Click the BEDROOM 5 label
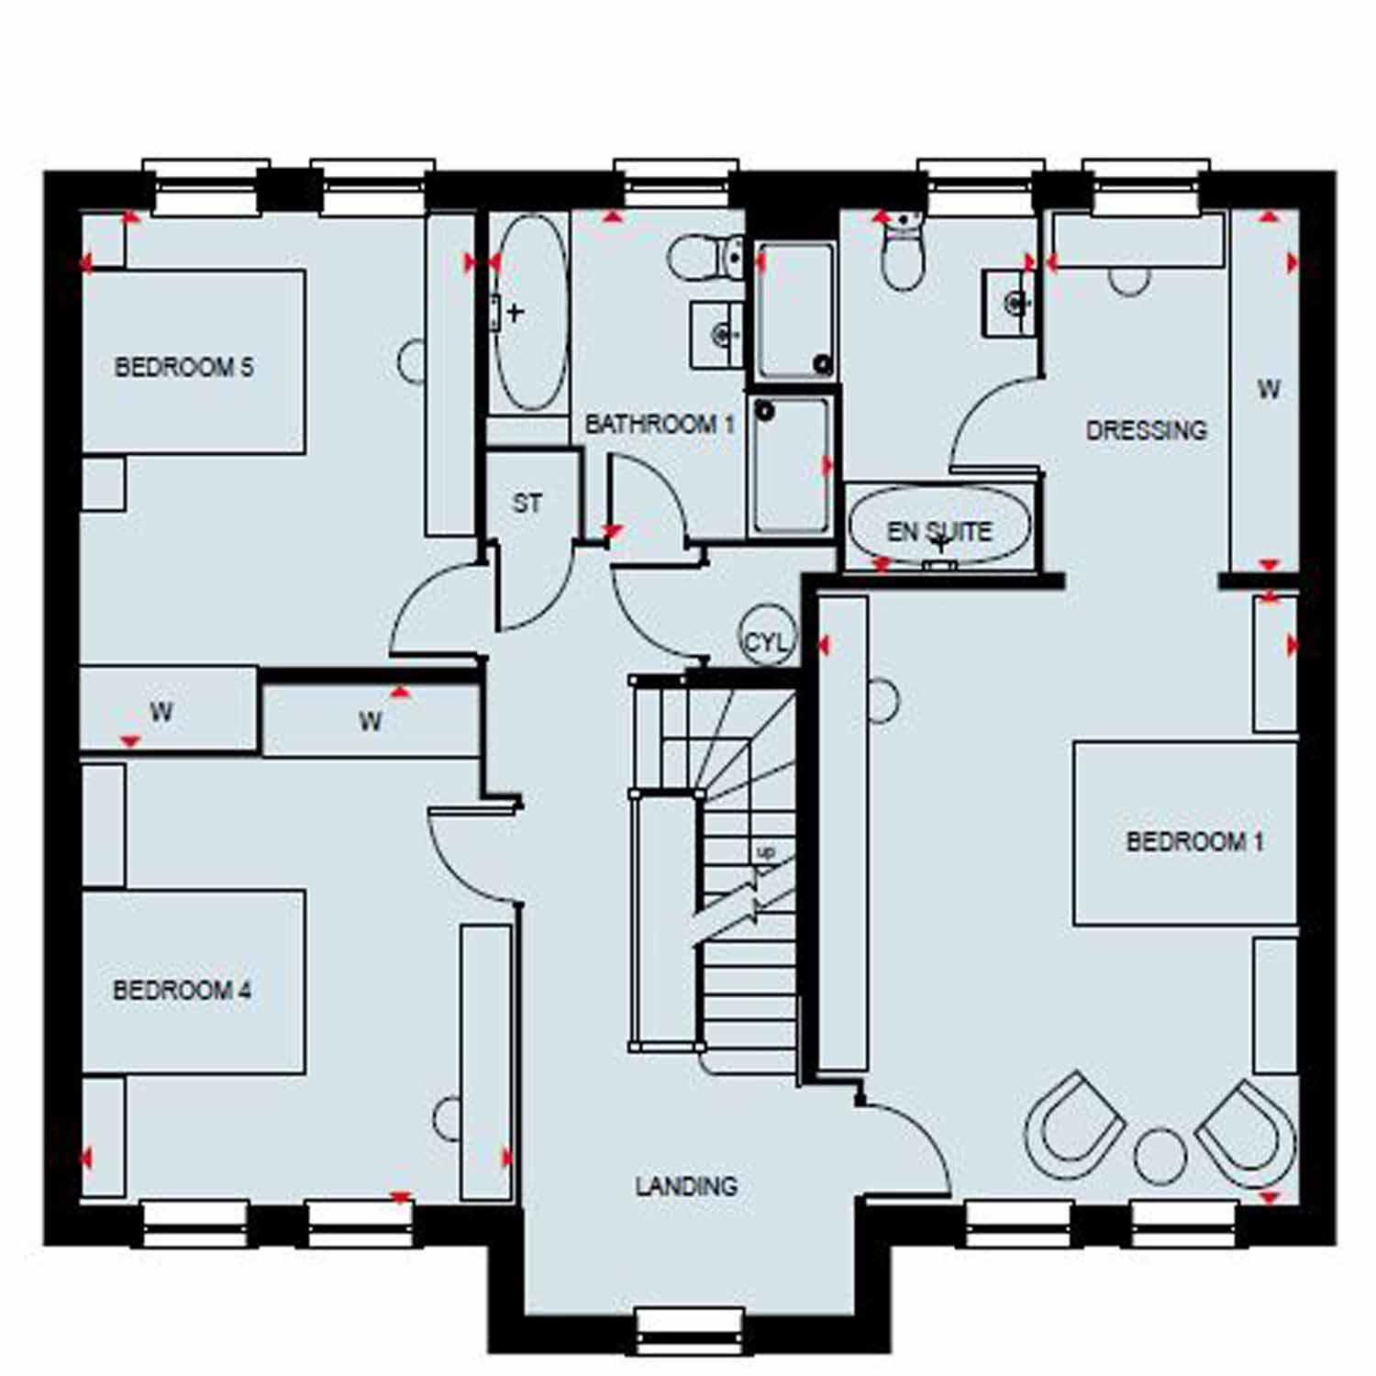click(x=183, y=368)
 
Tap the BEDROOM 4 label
click(x=182, y=991)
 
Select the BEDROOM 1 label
click(x=1194, y=841)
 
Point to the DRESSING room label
click(x=1147, y=429)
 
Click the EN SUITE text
click(x=939, y=532)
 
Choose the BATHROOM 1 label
click(x=660, y=424)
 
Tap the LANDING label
click(x=686, y=1186)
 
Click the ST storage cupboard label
click(x=527, y=503)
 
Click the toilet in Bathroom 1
click(x=706, y=258)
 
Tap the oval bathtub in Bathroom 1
click(x=529, y=313)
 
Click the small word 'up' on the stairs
click(x=765, y=853)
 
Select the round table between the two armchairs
click(x=1160, y=1155)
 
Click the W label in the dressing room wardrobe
click(x=1269, y=389)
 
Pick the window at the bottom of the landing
click(x=688, y=1330)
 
